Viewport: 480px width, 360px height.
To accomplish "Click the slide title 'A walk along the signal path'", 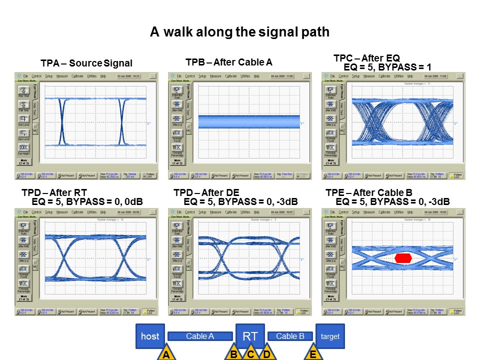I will click(239, 32).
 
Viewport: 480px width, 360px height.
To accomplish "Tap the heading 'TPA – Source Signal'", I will click(86, 63).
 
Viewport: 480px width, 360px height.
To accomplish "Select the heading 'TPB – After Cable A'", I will click(229, 62).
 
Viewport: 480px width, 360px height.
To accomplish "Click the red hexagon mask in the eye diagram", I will click(403, 258).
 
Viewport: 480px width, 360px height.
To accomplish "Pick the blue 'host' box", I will click(150, 336).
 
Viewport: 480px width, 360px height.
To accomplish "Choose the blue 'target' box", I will click(330, 336).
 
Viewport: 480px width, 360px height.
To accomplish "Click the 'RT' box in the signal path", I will click(250, 336).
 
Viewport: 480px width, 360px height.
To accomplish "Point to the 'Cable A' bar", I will click(200, 336).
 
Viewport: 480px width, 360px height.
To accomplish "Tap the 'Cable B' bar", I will click(290, 336).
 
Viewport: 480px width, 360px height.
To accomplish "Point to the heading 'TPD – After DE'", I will click(206, 192).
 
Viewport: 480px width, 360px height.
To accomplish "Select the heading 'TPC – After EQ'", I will click(366, 58).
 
